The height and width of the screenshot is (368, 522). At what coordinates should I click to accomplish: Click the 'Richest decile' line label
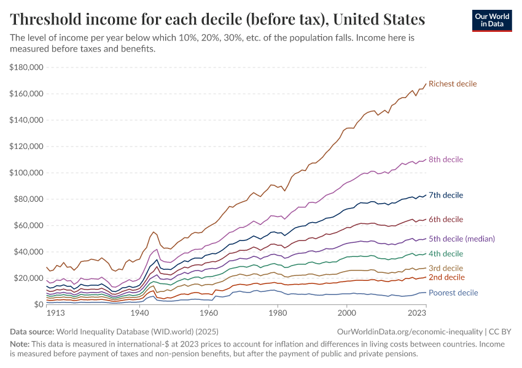(x=452, y=83)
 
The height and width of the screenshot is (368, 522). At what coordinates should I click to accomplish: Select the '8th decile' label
(x=446, y=159)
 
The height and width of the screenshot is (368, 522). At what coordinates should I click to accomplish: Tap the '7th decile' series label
(x=446, y=195)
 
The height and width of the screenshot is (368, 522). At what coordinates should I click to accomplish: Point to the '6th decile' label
(x=446, y=220)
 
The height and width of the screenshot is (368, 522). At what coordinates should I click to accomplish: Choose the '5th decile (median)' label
(x=462, y=239)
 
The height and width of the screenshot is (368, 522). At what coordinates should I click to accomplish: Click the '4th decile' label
(x=446, y=254)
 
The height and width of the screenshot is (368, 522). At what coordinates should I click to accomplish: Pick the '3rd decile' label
(x=446, y=268)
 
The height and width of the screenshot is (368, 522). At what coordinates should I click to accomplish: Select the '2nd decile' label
(x=446, y=277)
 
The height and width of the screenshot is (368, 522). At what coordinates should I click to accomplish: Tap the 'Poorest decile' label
(x=453, y=293)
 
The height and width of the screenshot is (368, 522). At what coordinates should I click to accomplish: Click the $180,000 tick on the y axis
(x=26, y=67)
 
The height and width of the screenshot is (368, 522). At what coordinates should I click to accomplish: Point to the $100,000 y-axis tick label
(x=26, y=173)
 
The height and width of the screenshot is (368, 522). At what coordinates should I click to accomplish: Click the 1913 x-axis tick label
(x=55, y=313)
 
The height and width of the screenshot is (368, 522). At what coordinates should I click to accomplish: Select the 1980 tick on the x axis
(x=278, y=313)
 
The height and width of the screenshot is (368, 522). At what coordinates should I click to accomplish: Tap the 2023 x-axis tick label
(x=416, y=313)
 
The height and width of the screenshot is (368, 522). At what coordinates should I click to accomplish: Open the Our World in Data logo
(x=491, y=20)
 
